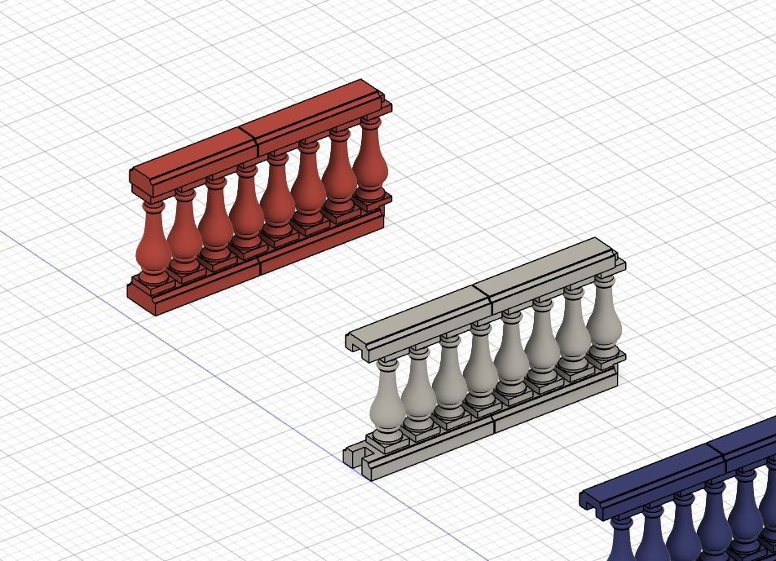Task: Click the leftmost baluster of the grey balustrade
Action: [x=387, y=404]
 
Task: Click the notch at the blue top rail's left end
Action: [x=589, y=500]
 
